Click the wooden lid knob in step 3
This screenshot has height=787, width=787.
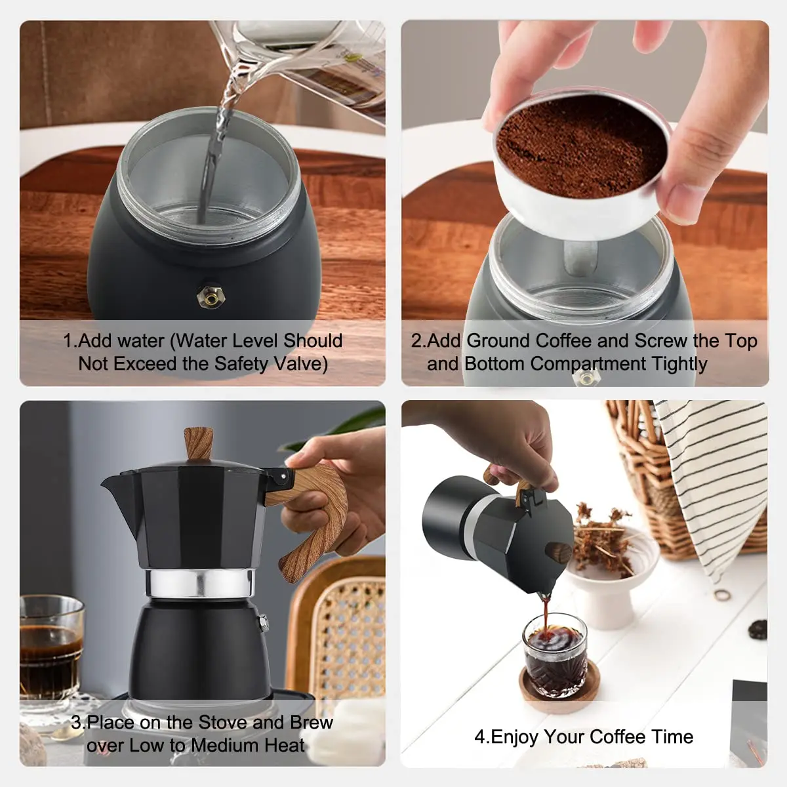coord(198,443)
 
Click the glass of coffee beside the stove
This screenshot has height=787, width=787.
coord(50,649)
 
